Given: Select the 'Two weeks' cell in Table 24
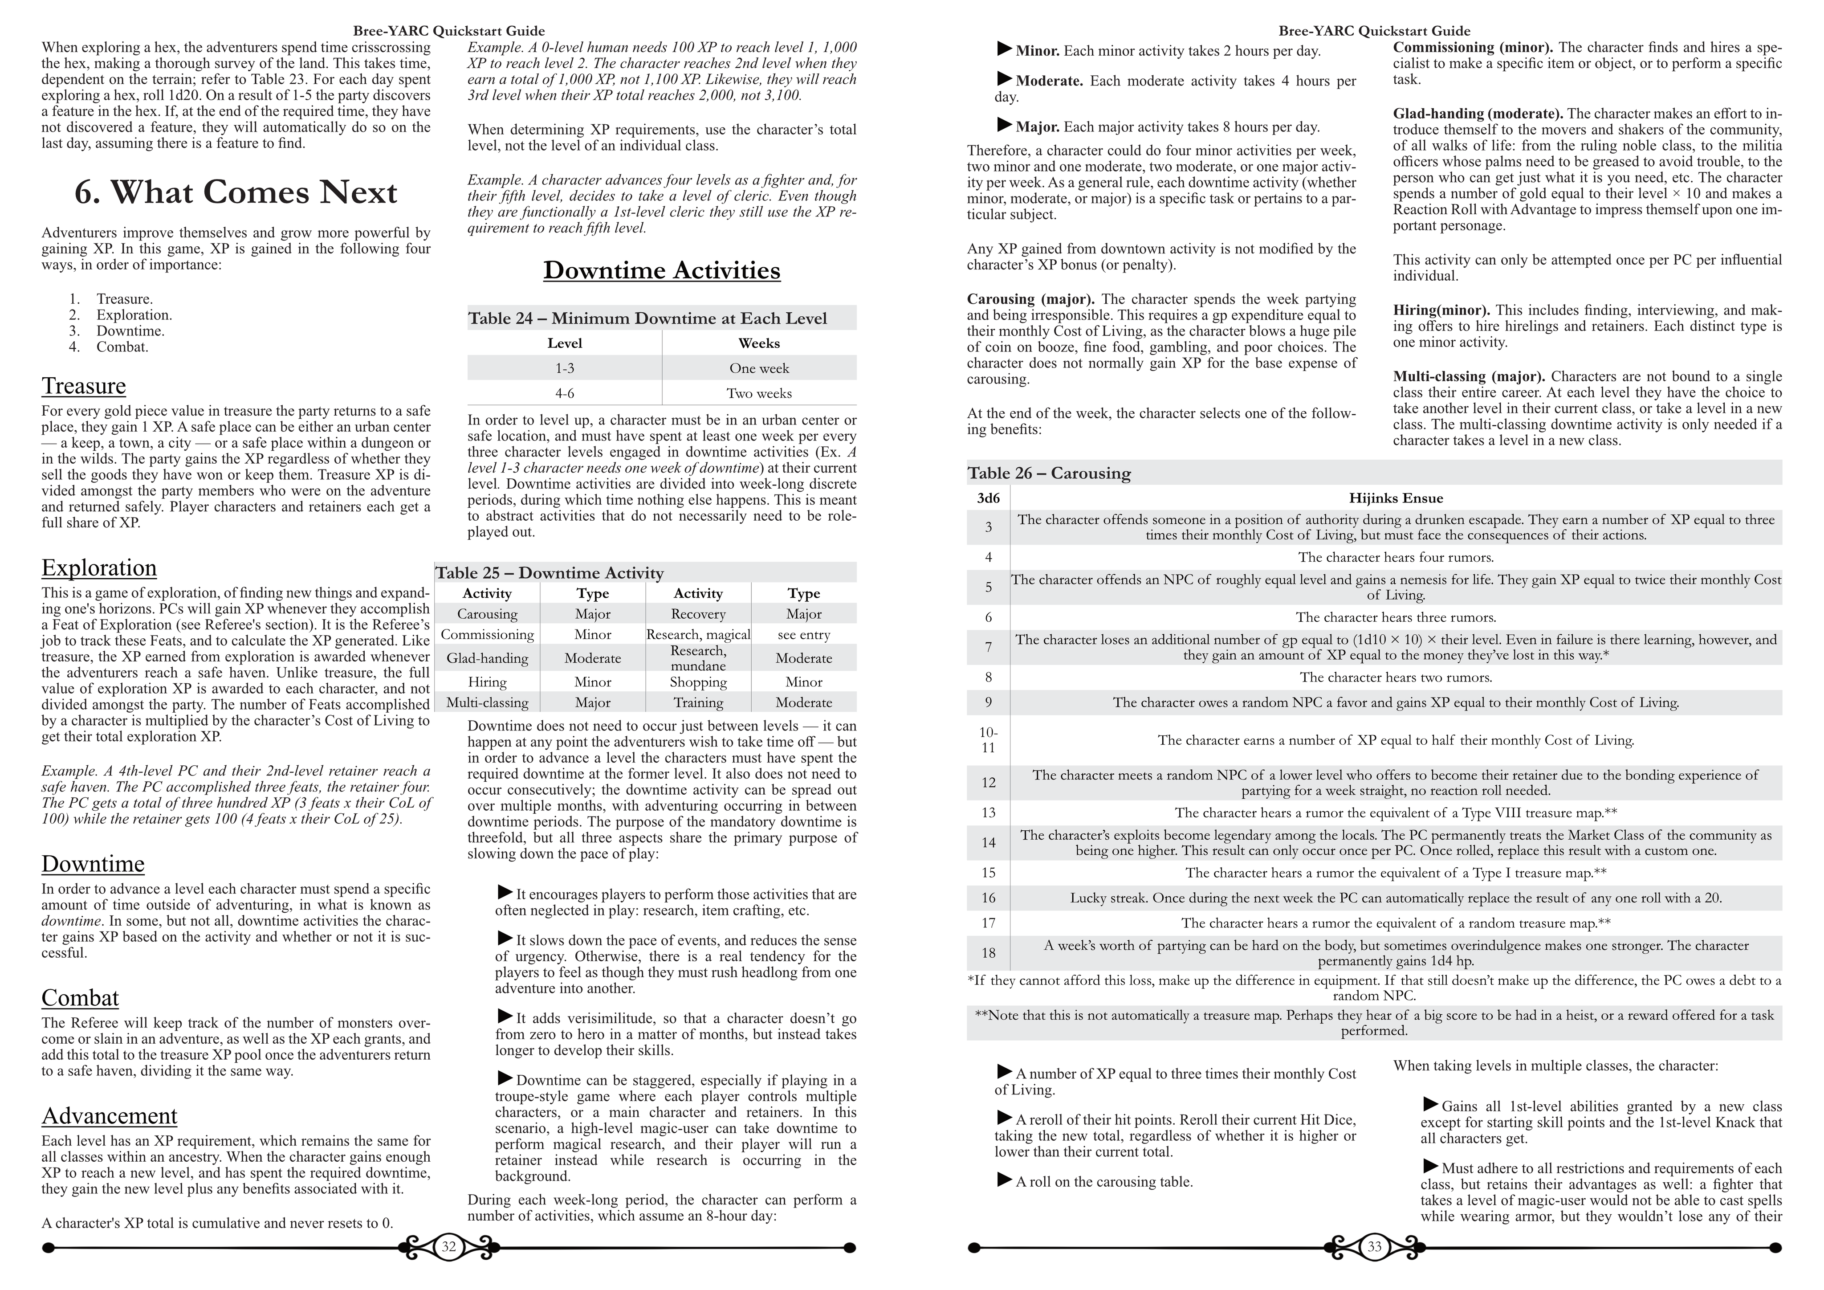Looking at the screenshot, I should (759, 393).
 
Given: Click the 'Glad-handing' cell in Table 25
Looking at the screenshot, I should (487, 658).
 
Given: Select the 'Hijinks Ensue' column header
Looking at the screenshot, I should (1395, 498).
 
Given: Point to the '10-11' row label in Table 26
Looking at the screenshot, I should (988, 740).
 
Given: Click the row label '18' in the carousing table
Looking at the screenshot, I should (988, 953).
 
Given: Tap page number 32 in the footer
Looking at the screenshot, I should (449, 1247).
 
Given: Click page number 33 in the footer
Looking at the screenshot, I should (1374, 1247).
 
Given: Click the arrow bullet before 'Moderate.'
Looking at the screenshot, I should (1005, 79).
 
